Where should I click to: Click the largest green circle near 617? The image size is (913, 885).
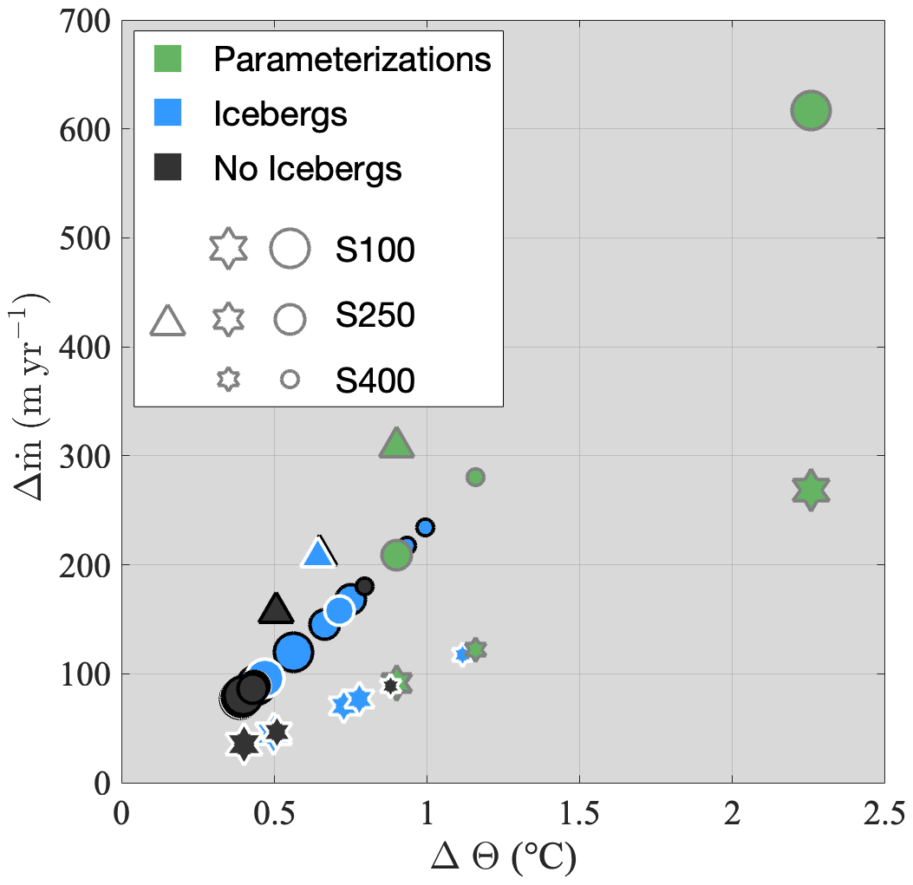811,111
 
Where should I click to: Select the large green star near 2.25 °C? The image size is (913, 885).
811,491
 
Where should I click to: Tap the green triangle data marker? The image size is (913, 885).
397,444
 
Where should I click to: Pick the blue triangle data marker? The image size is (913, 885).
318,552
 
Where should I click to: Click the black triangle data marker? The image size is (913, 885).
276,609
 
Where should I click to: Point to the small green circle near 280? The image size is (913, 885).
475,477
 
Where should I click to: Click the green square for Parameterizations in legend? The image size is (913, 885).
167,59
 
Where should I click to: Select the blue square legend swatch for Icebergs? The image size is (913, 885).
167,114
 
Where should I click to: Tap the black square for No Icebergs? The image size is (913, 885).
167,167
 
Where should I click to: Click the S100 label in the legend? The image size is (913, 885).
375,250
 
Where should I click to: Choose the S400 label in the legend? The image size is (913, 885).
375,380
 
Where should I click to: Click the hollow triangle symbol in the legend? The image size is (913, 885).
168,320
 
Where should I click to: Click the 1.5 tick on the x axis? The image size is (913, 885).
579,814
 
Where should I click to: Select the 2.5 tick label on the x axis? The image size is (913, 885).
883,814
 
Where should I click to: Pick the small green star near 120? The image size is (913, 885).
474,648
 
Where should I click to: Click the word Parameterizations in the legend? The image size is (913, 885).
353,59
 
